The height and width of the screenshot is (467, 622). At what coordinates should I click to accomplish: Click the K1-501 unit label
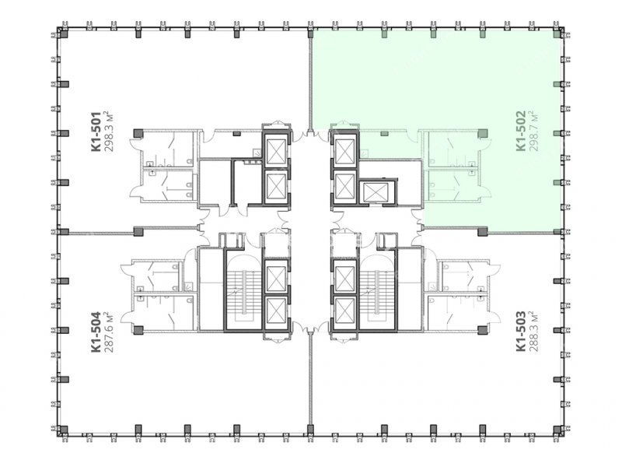pos(96,132)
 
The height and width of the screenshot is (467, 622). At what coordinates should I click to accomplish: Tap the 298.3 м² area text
pos(109,132)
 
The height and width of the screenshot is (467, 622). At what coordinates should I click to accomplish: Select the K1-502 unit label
pos(521,131)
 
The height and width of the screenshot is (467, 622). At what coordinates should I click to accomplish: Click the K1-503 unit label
pos(521,332)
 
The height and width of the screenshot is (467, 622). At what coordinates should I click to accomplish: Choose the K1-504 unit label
pos(96,332)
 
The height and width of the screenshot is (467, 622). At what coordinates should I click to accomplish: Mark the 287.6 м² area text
pos(109,332)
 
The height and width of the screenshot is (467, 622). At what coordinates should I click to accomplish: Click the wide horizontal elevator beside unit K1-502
pos(376,192)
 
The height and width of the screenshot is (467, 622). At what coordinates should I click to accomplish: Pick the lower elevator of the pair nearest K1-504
pos(277,311)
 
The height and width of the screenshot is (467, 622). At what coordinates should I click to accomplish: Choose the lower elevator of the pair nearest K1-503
pos(345,311)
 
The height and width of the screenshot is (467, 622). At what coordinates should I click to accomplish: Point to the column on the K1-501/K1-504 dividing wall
pos(138,231)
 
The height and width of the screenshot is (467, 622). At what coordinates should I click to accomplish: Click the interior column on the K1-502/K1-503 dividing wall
pos(482,231)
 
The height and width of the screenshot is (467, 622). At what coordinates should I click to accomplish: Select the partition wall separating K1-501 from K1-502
pos(310,80)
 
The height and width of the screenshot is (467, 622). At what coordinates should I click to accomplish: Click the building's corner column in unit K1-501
pos(63,34)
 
